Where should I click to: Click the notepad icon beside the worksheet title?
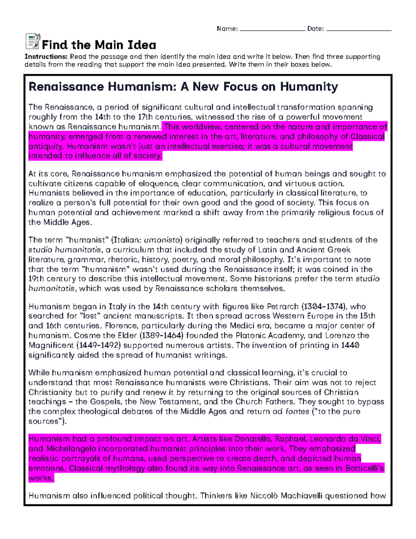click(33, 41)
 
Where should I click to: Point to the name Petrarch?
click(283, 306)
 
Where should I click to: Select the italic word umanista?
click(163, 240)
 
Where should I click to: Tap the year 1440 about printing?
click(350, 345)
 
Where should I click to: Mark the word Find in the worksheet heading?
click(55, 45)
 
